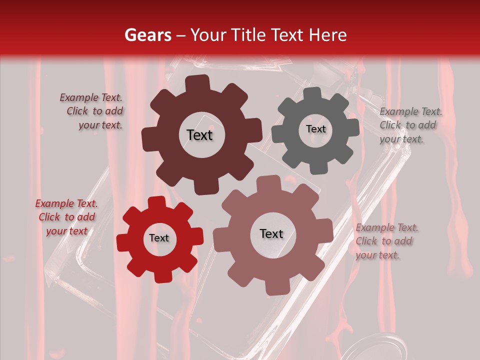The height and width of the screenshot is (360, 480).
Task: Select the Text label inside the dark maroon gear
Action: (199, 135)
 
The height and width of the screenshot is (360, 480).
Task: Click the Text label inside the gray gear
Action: (315, 129)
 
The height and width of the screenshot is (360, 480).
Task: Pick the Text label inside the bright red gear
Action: (159, 238)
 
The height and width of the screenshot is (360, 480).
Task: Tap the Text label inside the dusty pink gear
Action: (271, 233)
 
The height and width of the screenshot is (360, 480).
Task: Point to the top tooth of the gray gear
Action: (313, 94)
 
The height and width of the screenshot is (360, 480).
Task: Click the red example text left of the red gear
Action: (66, 217)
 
